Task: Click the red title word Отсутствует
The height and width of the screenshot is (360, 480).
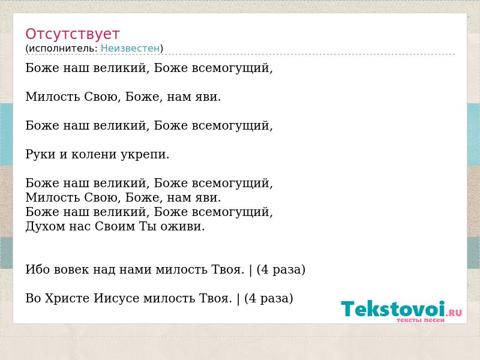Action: point(72,34)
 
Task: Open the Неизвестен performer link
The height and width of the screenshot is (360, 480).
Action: point(130,49)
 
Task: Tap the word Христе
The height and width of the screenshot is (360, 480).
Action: point(67,298)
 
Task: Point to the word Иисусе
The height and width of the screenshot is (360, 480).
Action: point(116,298)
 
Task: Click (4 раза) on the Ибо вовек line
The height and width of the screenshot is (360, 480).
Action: point(281,269)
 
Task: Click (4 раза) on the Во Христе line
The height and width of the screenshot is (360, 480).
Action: point(268,298)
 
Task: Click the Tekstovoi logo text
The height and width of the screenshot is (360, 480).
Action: point(393,309)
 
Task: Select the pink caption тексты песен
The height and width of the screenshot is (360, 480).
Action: point(421,320)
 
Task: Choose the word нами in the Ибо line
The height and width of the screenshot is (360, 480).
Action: point(135,269)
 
